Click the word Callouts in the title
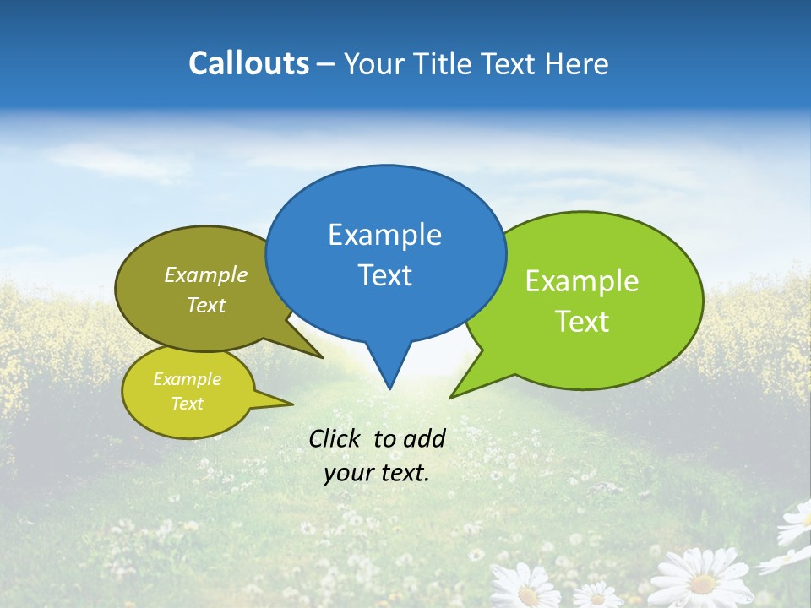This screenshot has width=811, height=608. tap(248, 63)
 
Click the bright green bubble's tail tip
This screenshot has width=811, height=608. tap(452, 396)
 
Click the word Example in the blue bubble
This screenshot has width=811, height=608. tap(384, 235)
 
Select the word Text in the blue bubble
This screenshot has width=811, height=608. tap(385, 275)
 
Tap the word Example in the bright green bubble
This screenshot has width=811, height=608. tap(582, 281)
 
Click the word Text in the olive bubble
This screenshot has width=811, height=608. tap(206, 305)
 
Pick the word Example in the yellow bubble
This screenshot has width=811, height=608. tap(187, 379)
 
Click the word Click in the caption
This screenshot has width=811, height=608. tap(335, 438)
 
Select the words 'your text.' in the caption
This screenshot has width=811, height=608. tap(377, 473)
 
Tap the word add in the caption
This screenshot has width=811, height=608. tap(424, 438)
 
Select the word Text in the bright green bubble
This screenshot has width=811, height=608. tap(583, 322)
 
